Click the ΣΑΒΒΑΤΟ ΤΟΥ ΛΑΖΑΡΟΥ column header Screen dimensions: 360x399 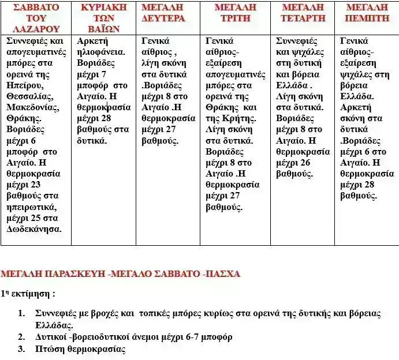(36, 18)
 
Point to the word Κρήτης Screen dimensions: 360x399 (235, 118)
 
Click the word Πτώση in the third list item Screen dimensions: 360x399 (47, 349)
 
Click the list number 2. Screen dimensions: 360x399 (21, 337)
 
